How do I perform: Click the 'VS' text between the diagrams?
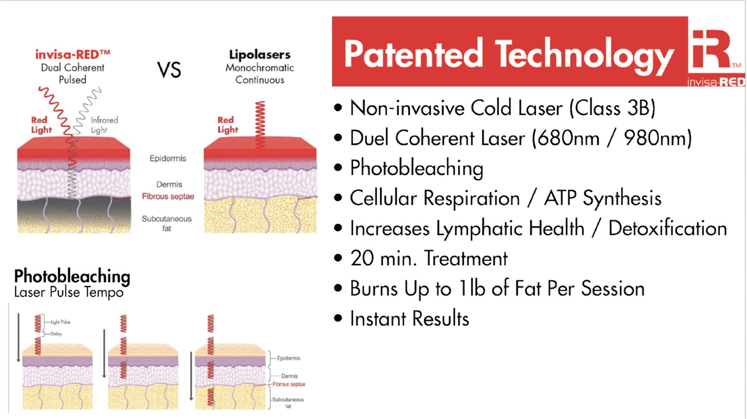point(169,70)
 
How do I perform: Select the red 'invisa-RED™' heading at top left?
point(73,54)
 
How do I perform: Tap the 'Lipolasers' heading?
point(259,54)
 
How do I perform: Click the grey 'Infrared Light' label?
point(104,125)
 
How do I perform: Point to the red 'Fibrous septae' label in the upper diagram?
point(168,197)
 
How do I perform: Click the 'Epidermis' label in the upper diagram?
point(168,158)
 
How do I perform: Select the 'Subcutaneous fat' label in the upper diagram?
point(166,223)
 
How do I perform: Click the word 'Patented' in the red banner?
point(413,54)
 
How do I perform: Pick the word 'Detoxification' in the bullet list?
point(667,228)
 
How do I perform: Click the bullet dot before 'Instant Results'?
point(339,318)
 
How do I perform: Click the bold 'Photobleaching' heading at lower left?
point(72,276)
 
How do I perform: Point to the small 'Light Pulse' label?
point(60,322)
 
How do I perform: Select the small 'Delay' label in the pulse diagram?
point(56,334)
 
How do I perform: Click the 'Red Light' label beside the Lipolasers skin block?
point(228,124)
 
